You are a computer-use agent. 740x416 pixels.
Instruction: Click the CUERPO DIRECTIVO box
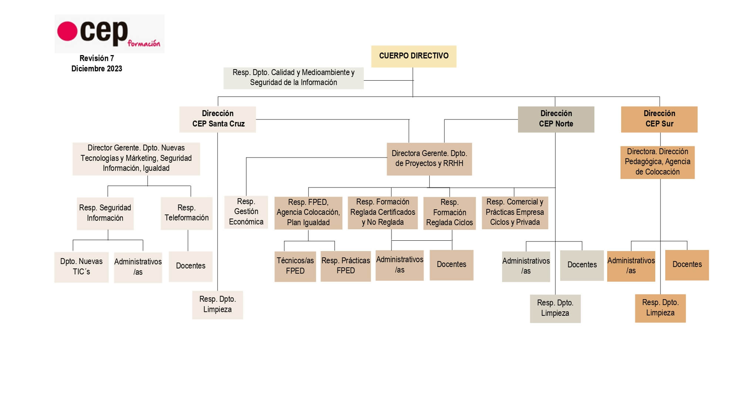point(414,56)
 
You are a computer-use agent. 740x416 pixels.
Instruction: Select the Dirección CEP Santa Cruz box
point(218,119)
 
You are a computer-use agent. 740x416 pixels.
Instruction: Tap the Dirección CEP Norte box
point(556,119)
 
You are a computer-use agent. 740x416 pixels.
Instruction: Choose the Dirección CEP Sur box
point(659,119)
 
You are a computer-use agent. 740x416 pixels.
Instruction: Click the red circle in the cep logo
point(67,31)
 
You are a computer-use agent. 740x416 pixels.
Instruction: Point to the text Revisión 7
point(97,58)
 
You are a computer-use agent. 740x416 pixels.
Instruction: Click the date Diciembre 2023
point(97,69)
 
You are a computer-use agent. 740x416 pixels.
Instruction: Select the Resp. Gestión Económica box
point(246,212)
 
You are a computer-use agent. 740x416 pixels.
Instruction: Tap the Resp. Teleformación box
point(186,213)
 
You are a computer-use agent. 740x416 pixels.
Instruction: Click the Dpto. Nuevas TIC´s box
point(81,267)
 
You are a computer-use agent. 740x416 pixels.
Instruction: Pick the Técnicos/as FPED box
point(295,266)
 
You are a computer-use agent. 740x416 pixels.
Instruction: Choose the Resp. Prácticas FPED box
point(346,266)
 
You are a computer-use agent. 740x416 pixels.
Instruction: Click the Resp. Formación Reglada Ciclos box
point(449,213)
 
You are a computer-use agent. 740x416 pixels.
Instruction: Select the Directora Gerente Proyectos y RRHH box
point(429,159)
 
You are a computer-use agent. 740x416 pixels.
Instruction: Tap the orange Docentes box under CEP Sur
point(687,265)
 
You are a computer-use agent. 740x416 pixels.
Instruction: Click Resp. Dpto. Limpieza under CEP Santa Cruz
point(217,305)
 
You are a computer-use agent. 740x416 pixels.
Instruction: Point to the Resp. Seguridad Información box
point(105,213)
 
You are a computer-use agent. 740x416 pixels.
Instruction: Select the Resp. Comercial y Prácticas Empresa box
point(515,212)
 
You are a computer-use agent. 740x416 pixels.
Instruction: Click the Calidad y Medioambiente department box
point(293,78)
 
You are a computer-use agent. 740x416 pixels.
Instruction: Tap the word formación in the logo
point(144,44)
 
